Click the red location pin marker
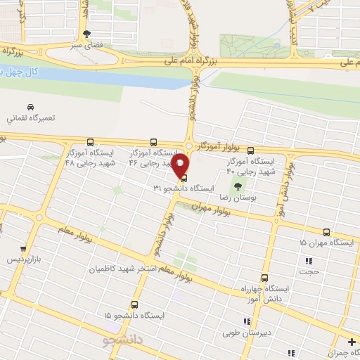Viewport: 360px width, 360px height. click(181, 165)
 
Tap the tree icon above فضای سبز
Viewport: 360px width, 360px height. click(86, 33)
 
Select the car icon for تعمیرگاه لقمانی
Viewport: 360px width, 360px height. click(30, 107)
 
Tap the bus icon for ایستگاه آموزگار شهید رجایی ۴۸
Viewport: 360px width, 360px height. click(91, 141)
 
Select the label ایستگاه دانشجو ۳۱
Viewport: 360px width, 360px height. click(167, 188)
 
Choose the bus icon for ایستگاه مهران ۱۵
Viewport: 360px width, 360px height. click(326, 231)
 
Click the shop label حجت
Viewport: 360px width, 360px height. click(309, 271)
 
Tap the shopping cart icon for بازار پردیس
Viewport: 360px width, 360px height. click(23, 249)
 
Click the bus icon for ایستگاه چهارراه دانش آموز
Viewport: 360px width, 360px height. click(264, 278)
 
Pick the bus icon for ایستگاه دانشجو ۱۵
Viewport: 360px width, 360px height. click(135, 305)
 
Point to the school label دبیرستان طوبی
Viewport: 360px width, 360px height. click(240, 335)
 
